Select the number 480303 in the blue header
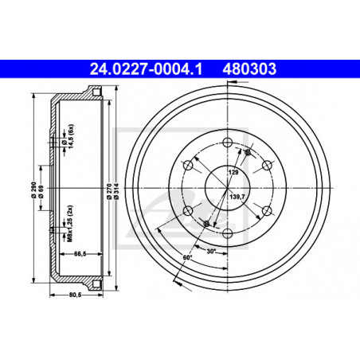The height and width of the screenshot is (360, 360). point(249,69)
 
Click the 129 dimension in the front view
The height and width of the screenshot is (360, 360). point(233,172)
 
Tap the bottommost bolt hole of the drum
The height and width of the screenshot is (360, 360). point(227,233)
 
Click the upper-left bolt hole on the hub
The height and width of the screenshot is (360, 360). point(188,165)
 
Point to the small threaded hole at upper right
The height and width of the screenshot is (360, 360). point(248,151)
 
